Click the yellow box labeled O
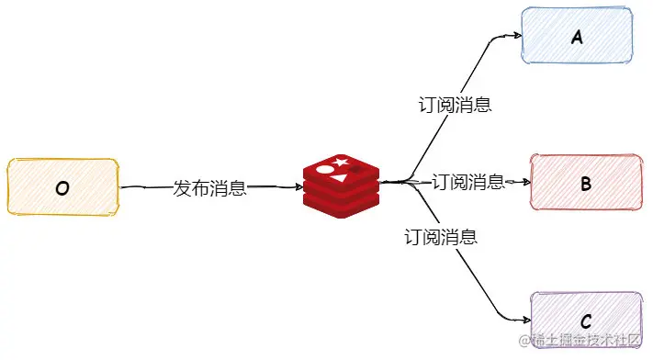pos(62,186)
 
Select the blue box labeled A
pos(577,36)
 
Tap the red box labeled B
pos(586,182)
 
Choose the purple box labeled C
pos(586,321)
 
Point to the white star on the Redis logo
pos(341,162)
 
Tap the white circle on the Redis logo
pos(325,170)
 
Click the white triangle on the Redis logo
pos(340,179)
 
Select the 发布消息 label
pos(210,188)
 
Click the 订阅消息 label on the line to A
pos(456,105)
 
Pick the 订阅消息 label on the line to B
pos(468,182)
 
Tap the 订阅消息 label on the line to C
pos(441,237)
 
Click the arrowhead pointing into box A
pos(518,36)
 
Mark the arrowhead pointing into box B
pos(526,182)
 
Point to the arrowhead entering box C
pos(527,320)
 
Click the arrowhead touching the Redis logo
pos(299,187)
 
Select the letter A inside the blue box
pos(577,38)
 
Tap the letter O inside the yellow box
pos(62,189)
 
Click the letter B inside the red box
pos(586,184)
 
